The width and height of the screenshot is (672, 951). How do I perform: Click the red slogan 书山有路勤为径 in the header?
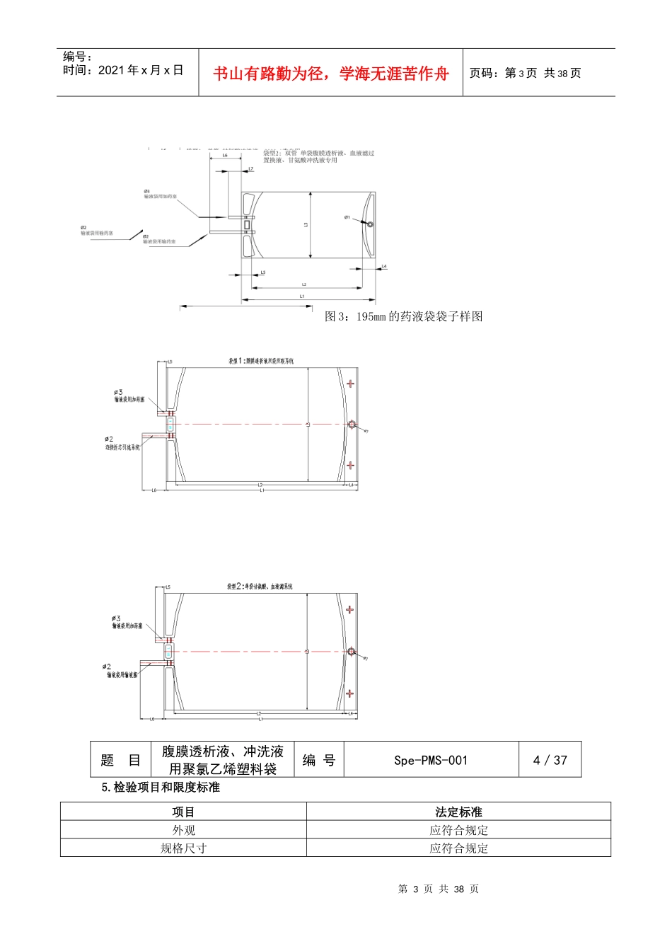pyautogui.click(x=331, y=74)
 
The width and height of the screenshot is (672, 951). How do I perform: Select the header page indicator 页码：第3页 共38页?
pyautogui.click(x=525, y=73)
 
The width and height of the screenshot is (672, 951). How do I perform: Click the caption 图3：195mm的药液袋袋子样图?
pyautogui.click(x=403, y=316)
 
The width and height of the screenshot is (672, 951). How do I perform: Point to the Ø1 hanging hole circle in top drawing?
pyautogui.click(x=370, y=224)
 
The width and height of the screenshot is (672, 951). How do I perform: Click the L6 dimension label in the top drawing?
pyautogui.click(x=225, y=156)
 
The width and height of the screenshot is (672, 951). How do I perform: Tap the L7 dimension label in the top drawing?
pyautogui.click(x=250, y=169)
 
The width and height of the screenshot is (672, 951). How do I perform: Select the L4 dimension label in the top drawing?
pyautogui.click(x=384, y=266)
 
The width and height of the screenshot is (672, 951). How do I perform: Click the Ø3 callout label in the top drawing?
pyautogui.click(x=147, y=191)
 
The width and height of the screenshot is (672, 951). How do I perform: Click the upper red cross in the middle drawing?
pyautogui.click(x=350, y=384)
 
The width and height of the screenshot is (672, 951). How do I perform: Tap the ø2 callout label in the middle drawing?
pyautogui.click(x=109, y=439)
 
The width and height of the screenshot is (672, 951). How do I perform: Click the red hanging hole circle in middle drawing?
pyautogui.click(x=352, y=425)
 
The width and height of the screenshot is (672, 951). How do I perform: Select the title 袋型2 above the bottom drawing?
pyautogui.click(x=260, y=587)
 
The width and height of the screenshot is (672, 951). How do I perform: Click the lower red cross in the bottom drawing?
pyautogui.click(x=349, y=693)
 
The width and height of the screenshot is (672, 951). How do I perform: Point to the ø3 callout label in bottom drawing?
pyautogui.click(x=116, y=618)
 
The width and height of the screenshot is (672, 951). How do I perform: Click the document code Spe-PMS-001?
pyautogui.click(x=431, y=760)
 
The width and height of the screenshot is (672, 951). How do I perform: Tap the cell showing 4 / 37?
pyautogui.click(x=550, y=760)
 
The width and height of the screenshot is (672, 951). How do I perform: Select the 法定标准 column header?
pyautogui.click(x=458, y=812)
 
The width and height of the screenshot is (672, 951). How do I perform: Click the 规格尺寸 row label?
pyautogui.click(x=183, y=848)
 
